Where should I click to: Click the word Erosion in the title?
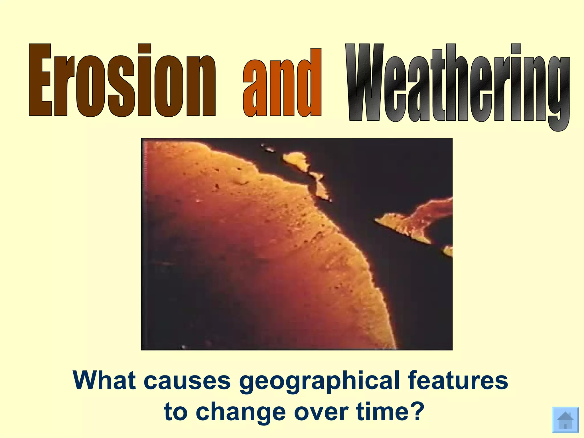click(122, 80)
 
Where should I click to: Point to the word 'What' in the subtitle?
click(104, 380)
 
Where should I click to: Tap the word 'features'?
click(458, 380)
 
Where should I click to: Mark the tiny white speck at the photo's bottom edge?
click(183, 347)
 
